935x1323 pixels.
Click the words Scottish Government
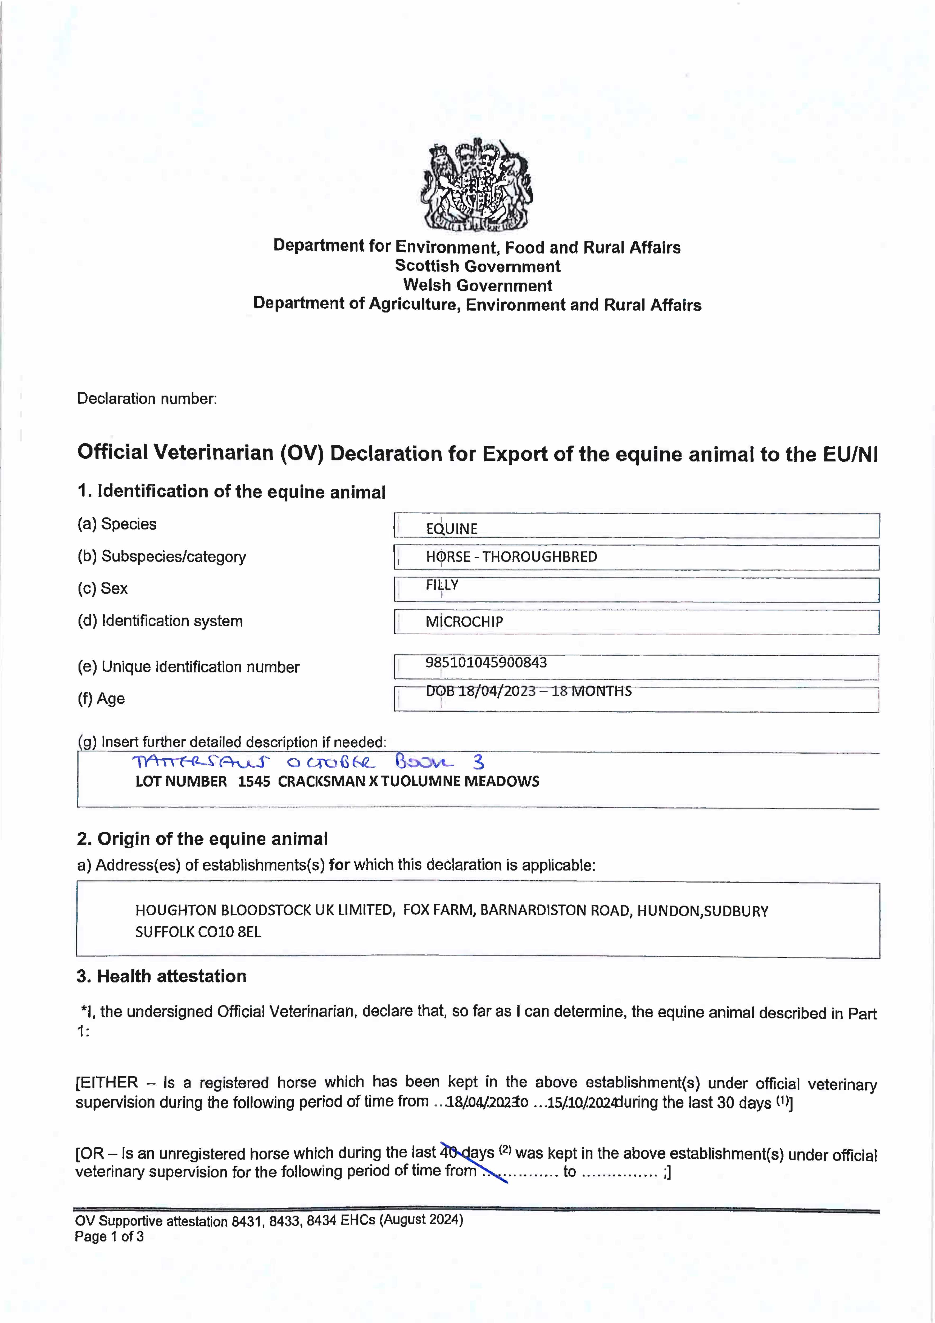[x=477, y=266]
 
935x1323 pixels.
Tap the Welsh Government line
[x=477, y=285]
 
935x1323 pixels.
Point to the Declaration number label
[x=147, y=399]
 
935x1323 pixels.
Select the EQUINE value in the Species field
[x=452, y=528]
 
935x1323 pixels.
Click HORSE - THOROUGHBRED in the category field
[x=511, y=557]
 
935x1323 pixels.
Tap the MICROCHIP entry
[x=464, y=622]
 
